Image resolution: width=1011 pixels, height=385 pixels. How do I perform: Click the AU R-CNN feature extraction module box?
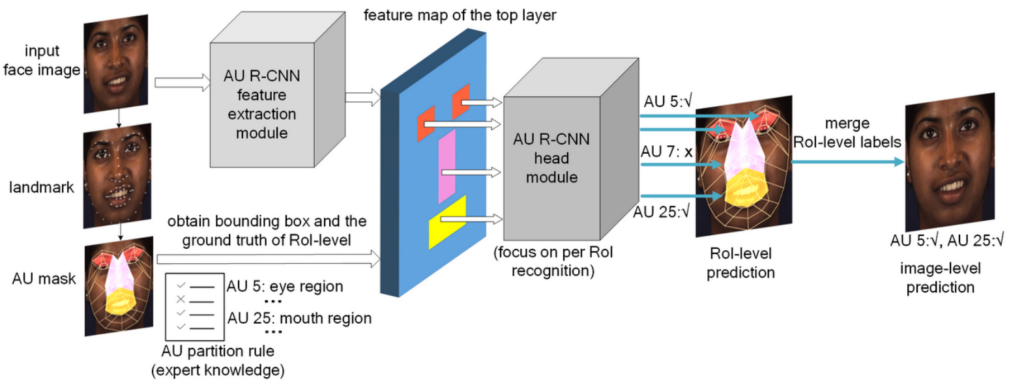point(263,104)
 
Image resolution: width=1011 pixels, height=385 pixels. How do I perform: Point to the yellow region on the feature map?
point(447,222)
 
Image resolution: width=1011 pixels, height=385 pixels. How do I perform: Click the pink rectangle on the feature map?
point(447,166)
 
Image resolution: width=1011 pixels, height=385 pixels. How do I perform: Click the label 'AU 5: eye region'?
point(284,287)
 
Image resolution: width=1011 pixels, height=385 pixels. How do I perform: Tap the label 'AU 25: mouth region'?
point(299,319)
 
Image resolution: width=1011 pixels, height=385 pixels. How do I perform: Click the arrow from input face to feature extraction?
point(182,82)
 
